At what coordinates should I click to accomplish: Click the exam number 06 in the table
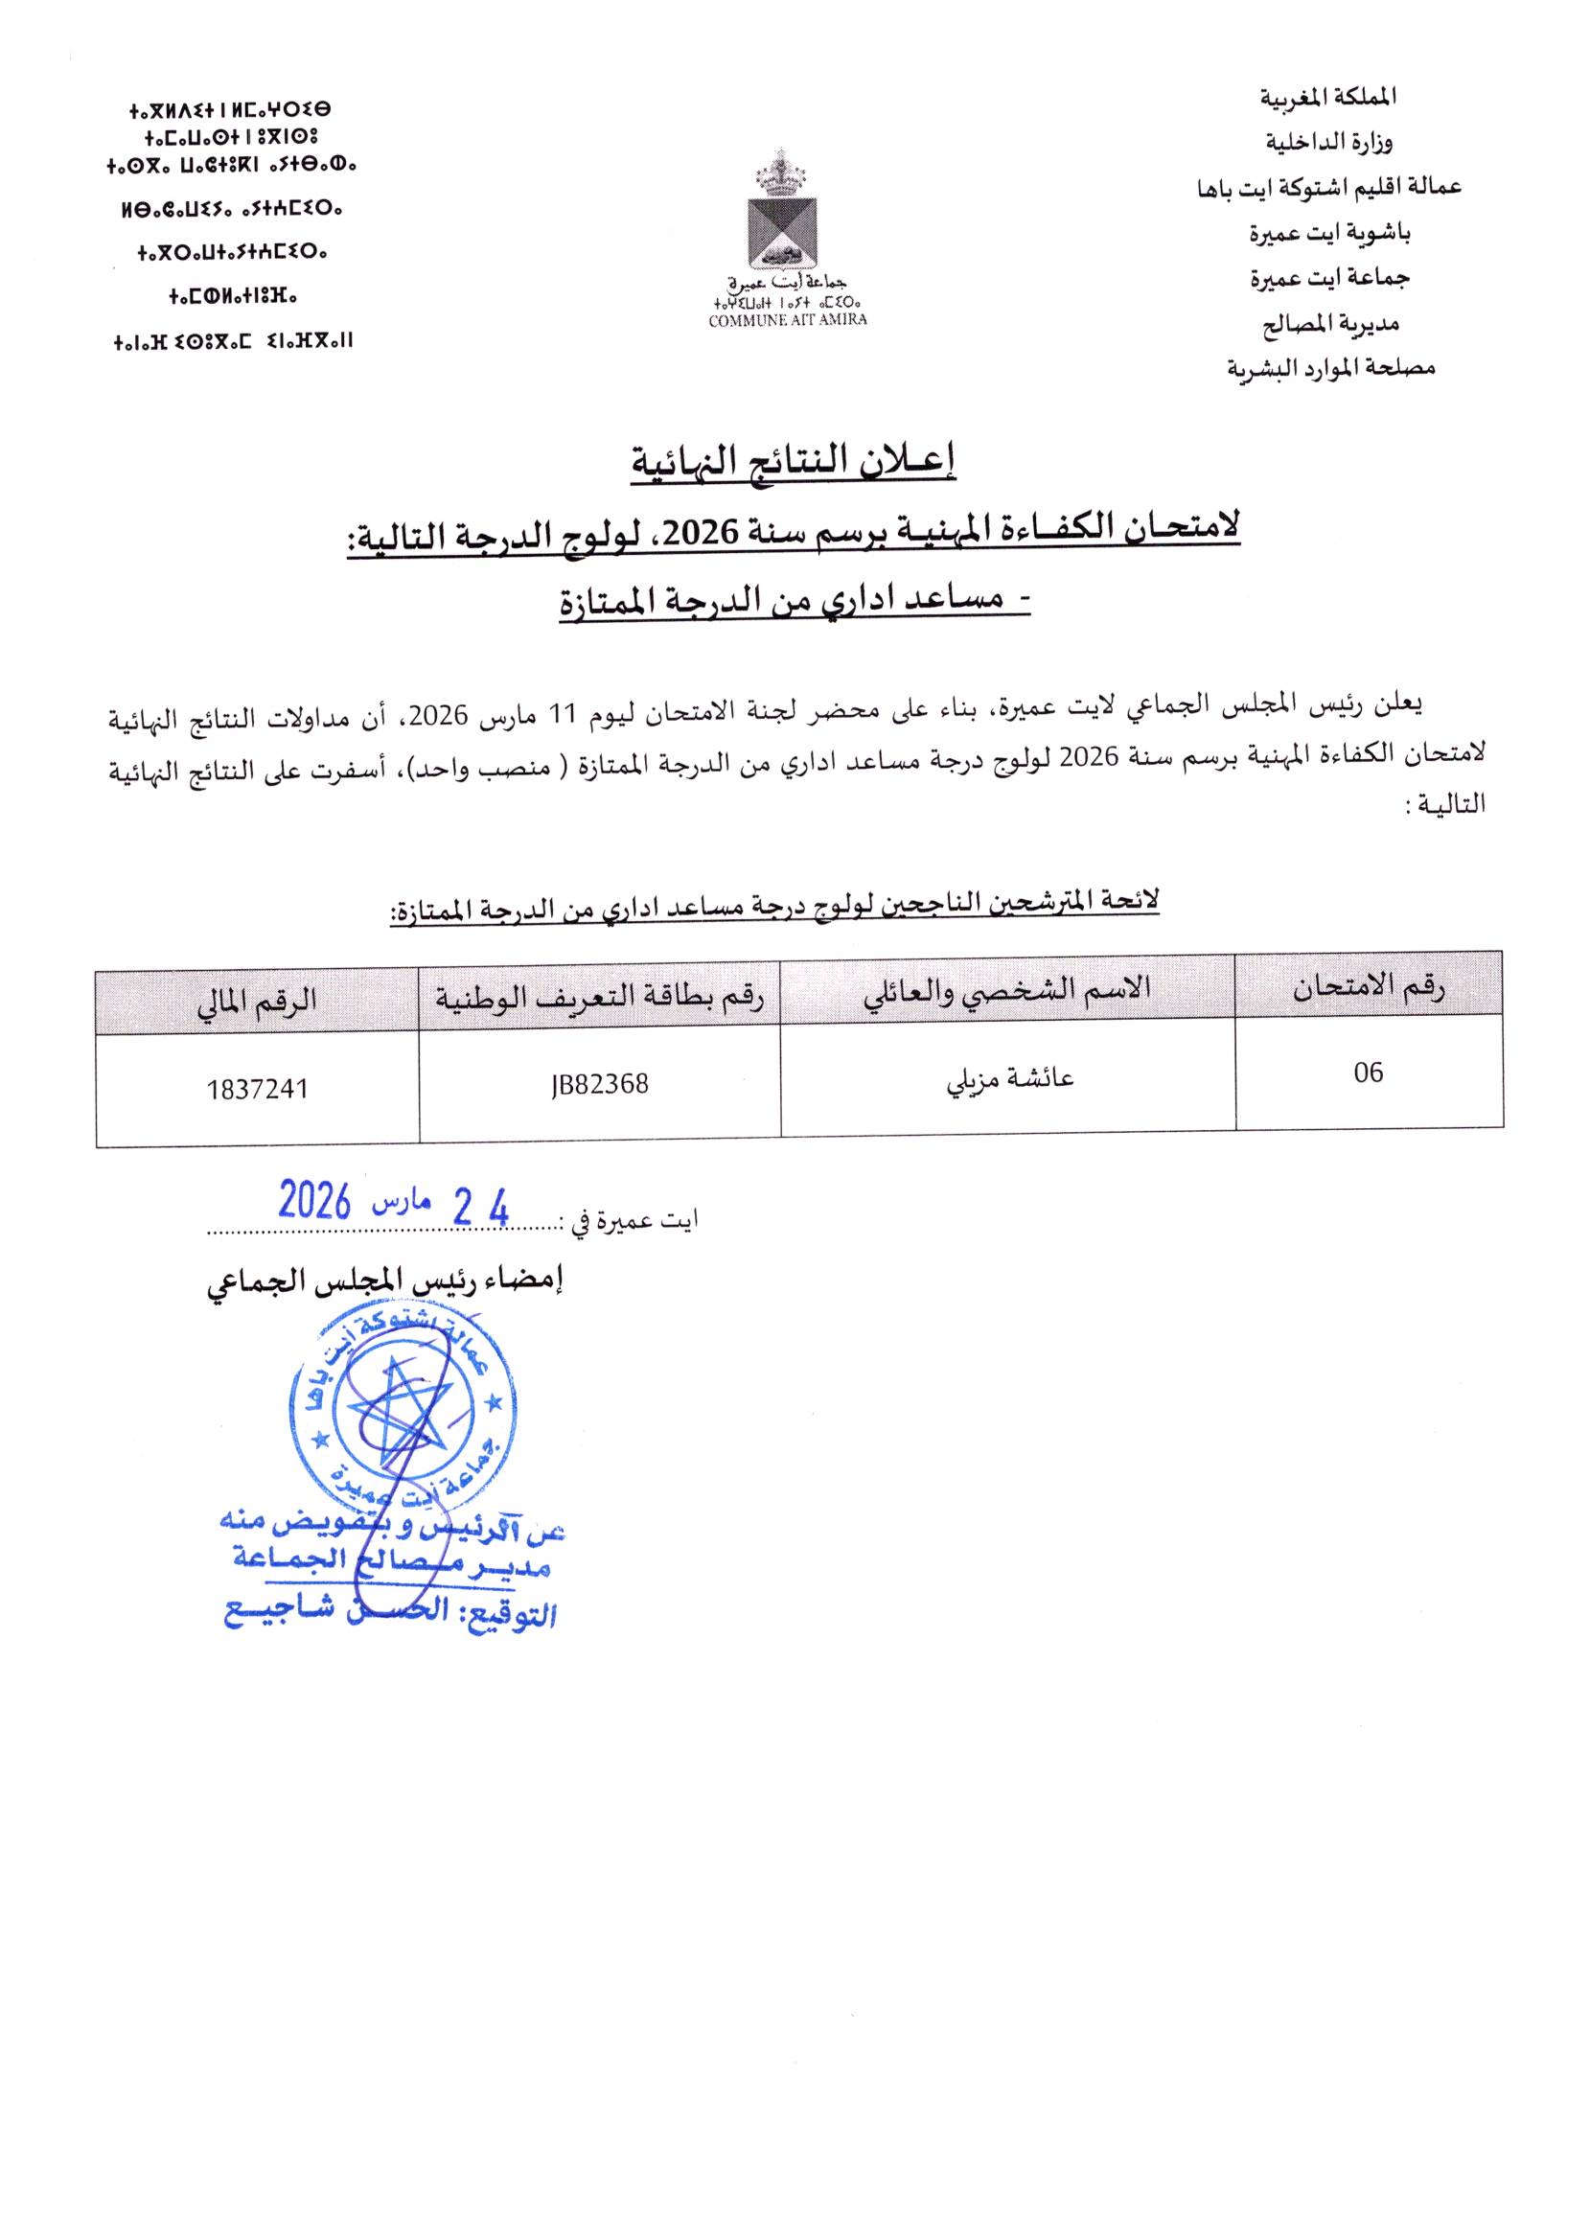tap(1368, 1073)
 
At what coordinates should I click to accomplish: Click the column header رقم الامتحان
tap(1369, 989)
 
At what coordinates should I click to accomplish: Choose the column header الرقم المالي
tap(258, 1000)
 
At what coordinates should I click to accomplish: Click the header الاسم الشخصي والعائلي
tap(1006, 990)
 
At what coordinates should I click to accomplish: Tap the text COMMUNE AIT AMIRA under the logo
tap(787, 320)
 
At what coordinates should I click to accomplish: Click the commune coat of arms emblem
tap(780, 219)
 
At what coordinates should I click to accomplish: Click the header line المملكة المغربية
tap(1326, 98)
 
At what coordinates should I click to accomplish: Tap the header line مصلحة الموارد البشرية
tap(1330, 368)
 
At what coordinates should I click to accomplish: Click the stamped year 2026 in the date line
tap(315, 1200)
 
